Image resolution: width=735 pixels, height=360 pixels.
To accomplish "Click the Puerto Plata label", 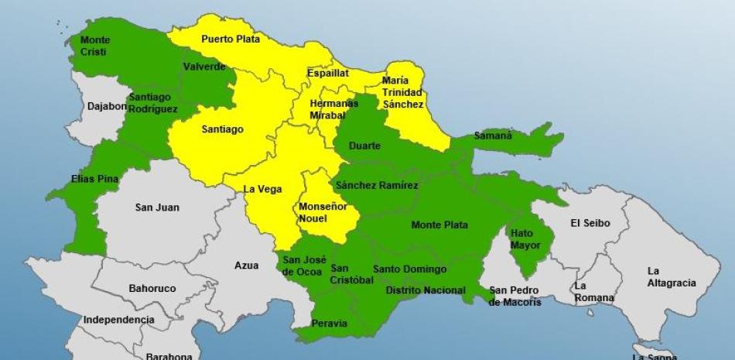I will click(x=231, y=39).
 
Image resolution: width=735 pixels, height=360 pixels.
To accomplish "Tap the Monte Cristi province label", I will click(x=95, y=46).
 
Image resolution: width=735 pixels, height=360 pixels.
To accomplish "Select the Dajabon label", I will click(x=107, y=105).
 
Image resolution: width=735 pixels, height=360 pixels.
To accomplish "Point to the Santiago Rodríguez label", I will click(x=153, y=103).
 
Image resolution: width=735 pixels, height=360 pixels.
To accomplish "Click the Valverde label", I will click(x=204, y=67).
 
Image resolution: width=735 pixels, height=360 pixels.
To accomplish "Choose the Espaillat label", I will click(x=327, y=73).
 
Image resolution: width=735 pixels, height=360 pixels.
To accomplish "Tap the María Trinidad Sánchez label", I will click(x=402, y=92).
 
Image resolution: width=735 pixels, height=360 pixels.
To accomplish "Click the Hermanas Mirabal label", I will click(x=333, y=109).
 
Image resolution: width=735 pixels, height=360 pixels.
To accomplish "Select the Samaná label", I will click(x=493, y=135).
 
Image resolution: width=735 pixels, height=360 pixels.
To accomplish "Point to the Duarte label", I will click(x=364, y=146).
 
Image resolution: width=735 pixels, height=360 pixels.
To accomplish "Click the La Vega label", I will click(x=262, y=189).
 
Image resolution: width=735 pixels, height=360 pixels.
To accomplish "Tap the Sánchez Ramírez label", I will click(x=377, y=185).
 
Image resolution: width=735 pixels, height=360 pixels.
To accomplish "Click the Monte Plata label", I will click(x=439, y=225).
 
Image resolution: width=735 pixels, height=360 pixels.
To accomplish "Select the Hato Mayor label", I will click(x=525, y=238).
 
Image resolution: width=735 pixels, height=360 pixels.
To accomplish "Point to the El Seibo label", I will click(x=590, y=223).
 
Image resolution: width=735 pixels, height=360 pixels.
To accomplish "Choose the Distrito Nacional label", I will click(x=426, y=290).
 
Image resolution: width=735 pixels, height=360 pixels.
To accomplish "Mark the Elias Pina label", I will click(x=94, y=179).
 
